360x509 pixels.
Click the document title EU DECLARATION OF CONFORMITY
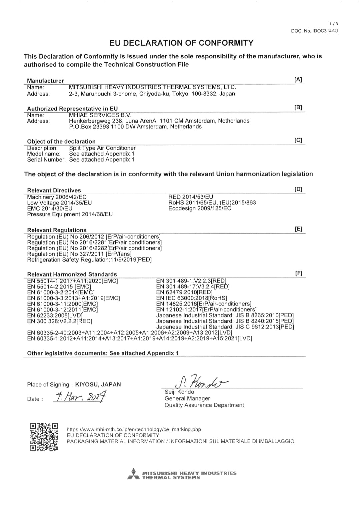tap(181, 43)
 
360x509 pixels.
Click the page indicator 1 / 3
tap(334, 24)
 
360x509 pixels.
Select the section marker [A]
tap(298, 80)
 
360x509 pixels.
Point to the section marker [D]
tap(298, 189)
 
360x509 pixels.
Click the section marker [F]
tap(299, 273)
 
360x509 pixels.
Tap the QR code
tap(44, 437)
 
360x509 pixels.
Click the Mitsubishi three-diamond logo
tap(133, 474)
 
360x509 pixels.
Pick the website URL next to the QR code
tap(134, 429)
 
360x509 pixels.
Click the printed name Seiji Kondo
tap(179, 392)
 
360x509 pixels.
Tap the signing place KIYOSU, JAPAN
tap(98, 384)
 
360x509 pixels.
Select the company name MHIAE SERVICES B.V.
tap(100, 115)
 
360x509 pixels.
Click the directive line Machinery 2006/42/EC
tap(57, 197)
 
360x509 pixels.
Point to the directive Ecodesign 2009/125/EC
tap(200, 208)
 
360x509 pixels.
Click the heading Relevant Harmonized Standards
tap(72, 274)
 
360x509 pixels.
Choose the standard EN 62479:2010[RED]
tap(184, 292)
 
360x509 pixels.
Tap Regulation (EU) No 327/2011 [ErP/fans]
tap(79, 254)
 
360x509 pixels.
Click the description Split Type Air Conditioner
tap(102, 148)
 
